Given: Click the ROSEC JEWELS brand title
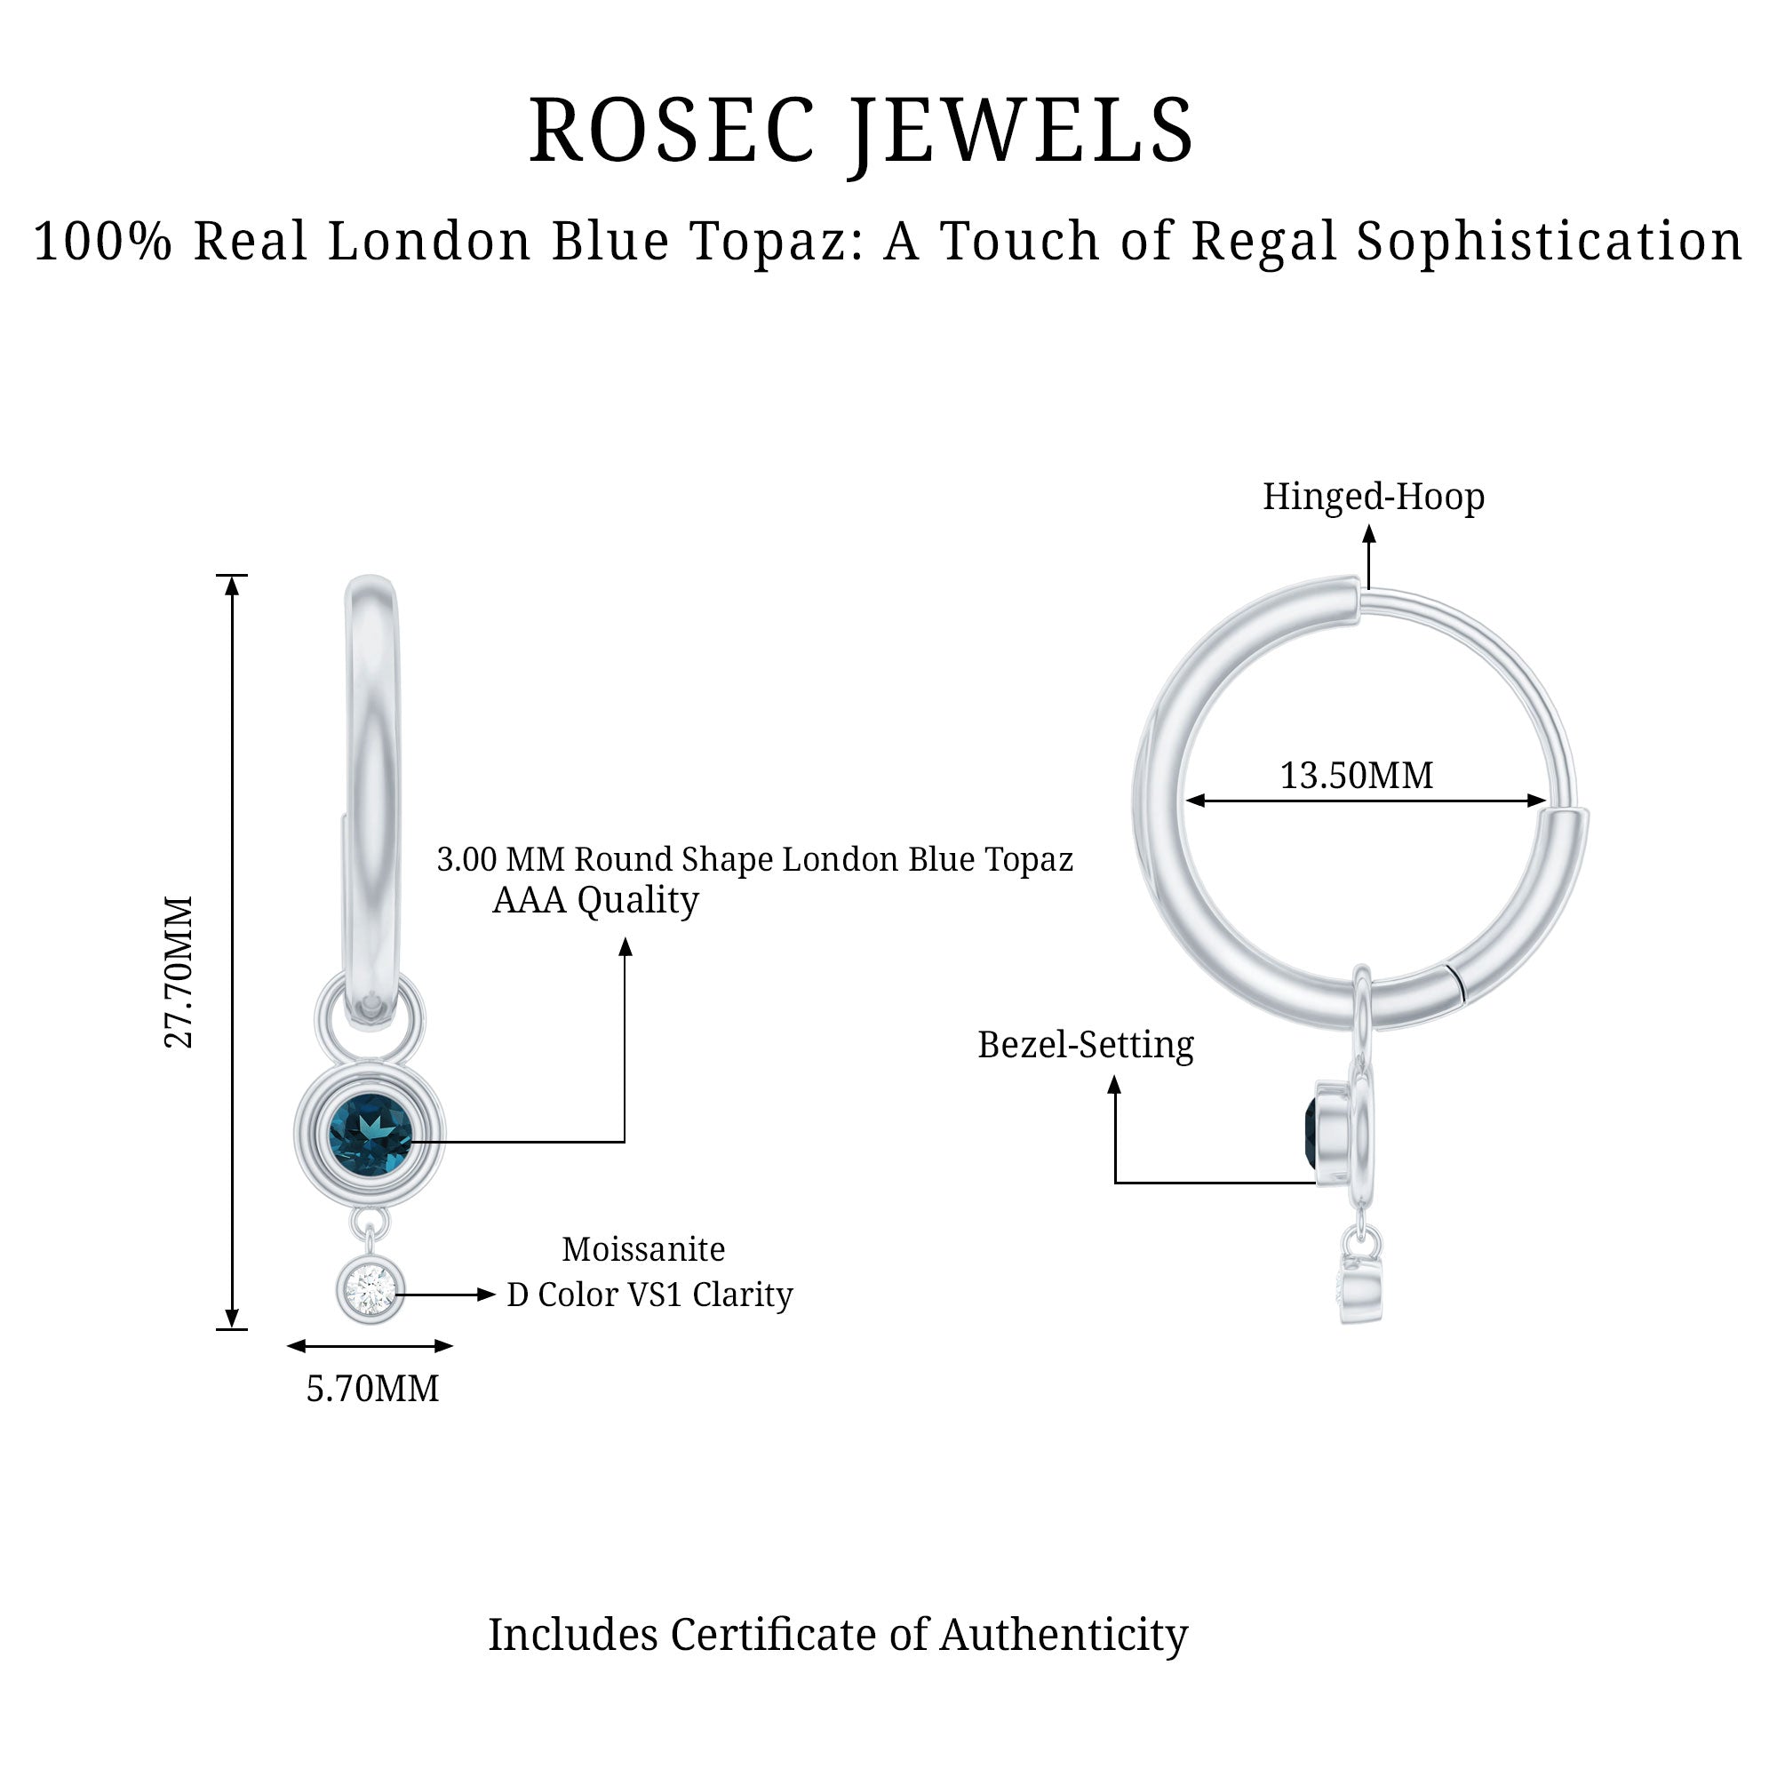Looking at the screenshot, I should pyautogui.click(x=861, y=131).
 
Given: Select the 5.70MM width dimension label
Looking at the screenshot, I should pyautogui.click(x=372, y=1388).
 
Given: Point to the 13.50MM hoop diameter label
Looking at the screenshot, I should pyautogui.click(x=1356, y=776).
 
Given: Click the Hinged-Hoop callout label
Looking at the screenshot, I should pyautogui.click(x=1373, y=497).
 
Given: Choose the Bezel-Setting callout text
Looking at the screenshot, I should pyautogui.click(x=1086, y=1045).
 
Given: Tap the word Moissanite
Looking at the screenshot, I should pyautogui.click(x=643, y=1249).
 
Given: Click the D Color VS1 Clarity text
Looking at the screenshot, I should pyautogui.click(x=649, y=1295).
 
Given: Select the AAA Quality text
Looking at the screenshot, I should pyautogui.click(x=595, y=899).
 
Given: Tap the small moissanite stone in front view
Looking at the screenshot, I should pyautogui.click(x=370, y=1289).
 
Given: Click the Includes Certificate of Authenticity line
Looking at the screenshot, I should pyautogui.click(x=837, y=1635).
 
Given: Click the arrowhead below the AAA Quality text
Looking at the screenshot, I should pyautogui.click(x=626, y=947).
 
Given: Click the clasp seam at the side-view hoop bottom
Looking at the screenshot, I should pyautogui.click(x=1455, y=983).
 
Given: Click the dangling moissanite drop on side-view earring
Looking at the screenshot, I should pyautogui.click(x=1359, y=1287).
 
